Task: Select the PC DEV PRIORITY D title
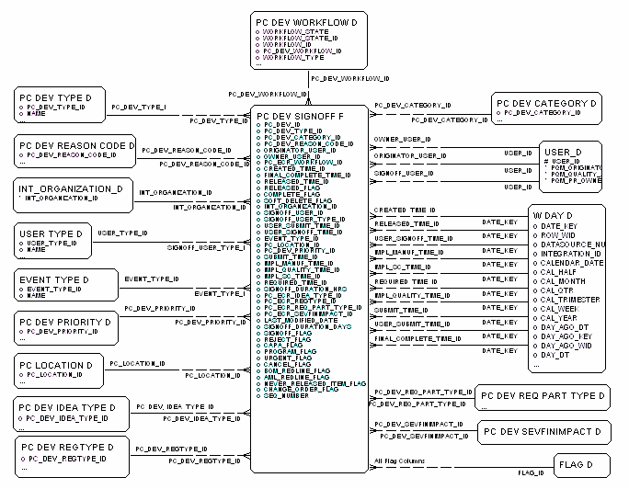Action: click(64, 323)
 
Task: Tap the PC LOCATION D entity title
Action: click(55, 366)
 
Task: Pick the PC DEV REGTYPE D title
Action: click(65, 448)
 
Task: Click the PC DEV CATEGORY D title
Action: click(546, 103)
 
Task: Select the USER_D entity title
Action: click(562, 151)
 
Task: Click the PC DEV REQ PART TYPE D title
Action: click(543, 396)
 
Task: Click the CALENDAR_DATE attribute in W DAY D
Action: click(572, 262)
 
